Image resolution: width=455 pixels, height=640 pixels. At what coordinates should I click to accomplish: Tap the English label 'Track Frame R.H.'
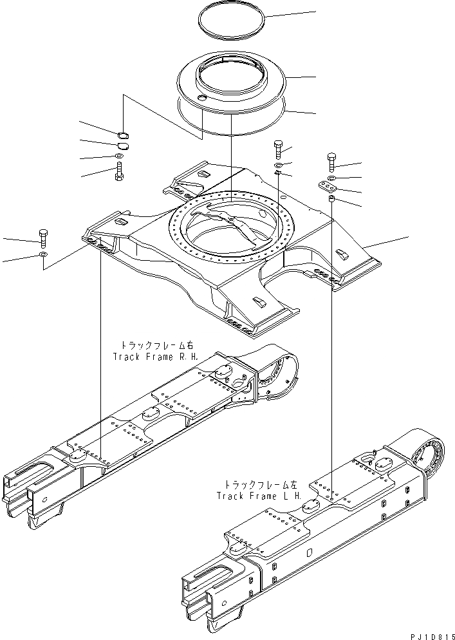click(x=155, y=356)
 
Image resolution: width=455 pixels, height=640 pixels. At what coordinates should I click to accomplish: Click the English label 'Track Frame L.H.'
click(x=259, y=495)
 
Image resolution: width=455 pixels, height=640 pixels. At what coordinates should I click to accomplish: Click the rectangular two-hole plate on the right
click(x=328, y=187)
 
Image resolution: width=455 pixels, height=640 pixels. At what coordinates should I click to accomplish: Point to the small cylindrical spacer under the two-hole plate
click(x=331, y=202)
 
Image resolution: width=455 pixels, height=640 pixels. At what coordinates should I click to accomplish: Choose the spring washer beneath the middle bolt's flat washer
click(x=277, y=172)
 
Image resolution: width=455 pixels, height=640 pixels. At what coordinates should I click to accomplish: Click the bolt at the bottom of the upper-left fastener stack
click(x=120, y=173)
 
